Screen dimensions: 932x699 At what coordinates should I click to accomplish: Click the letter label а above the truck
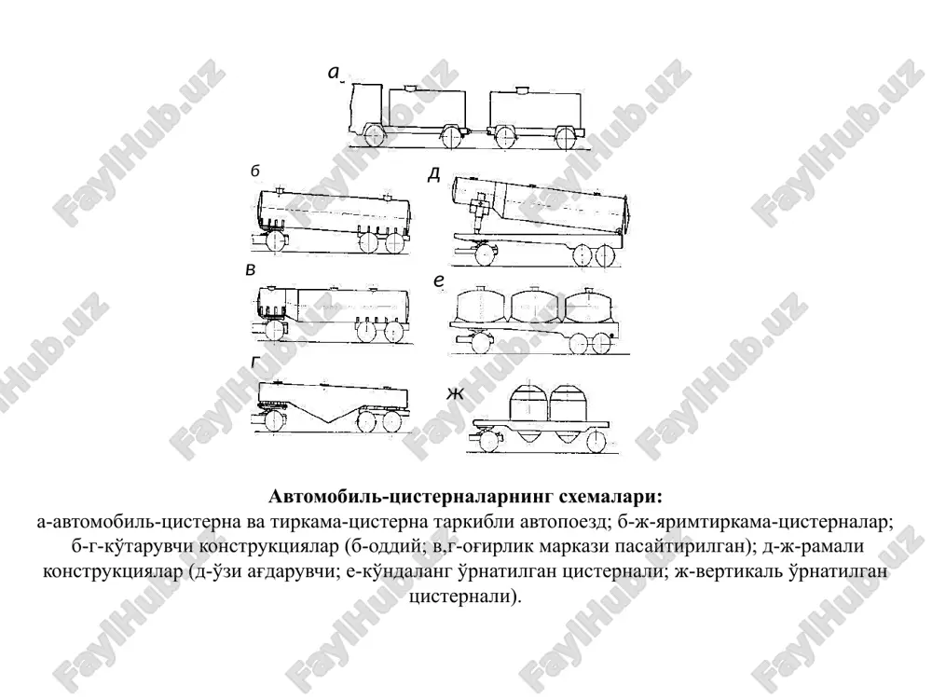click(334, 73)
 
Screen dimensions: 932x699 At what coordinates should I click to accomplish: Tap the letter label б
click(255, 171)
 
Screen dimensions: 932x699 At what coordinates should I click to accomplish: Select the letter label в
click(250, 269)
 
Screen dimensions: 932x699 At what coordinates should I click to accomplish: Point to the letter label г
click(255, 362)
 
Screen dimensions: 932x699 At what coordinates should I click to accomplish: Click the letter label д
click(434, 174)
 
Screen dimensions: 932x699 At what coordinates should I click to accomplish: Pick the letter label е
click(439, 281)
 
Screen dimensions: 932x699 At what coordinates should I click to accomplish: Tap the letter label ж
click(455, 393)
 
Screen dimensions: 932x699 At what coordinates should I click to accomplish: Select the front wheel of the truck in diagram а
click(375, 136)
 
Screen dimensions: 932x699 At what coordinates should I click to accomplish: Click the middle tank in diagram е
click(533, 306)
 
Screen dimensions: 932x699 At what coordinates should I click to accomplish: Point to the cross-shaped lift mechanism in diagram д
click(479, 209)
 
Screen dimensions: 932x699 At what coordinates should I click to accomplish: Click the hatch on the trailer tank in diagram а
click(523, 89)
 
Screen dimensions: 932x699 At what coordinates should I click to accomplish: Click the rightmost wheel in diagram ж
click(596, 441)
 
